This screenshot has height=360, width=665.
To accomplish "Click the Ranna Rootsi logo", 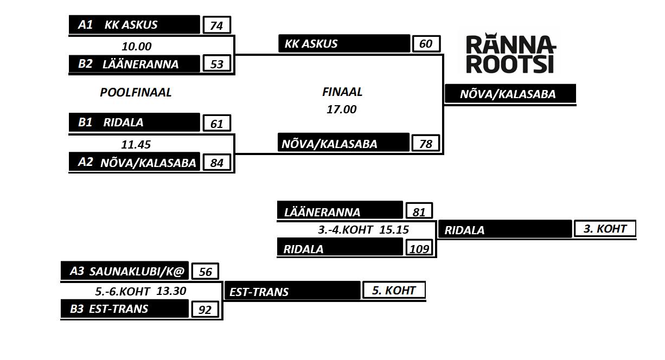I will (510, 54).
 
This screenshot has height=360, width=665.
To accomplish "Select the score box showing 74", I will (216, 25).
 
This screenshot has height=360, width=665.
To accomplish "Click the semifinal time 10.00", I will (137, 47).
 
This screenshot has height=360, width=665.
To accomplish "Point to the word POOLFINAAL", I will (136, 93).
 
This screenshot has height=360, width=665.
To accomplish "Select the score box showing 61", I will (216, 124).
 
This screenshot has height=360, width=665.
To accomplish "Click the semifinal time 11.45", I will (136, 145).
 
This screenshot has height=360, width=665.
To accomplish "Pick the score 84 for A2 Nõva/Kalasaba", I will (216, 163).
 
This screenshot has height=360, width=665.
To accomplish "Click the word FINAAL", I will (342, 92).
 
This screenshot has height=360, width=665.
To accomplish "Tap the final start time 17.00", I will (342, 110).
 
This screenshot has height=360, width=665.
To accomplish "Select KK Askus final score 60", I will (426, 43).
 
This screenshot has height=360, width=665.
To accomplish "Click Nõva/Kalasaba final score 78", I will (426, 144).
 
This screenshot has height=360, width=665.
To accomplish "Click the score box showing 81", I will (419, 211).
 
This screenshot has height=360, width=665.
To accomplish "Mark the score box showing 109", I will (420, 248).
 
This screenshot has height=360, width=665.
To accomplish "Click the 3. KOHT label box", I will (604, 229).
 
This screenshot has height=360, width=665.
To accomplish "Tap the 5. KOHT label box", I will (393, 290).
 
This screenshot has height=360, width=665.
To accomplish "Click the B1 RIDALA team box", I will (135, 123).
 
